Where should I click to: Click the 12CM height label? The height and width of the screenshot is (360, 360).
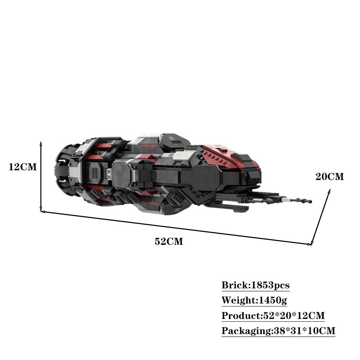point(23,167)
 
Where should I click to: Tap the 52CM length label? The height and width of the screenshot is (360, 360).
point(169,242)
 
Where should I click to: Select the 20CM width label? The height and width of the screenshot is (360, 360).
point(330,177)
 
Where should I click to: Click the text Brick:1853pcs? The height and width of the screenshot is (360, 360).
point(255,285)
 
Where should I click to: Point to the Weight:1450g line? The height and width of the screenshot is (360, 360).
point(254,300)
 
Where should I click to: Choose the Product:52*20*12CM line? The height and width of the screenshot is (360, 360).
point(273,316)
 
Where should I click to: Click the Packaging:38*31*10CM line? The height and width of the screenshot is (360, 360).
point(278,330)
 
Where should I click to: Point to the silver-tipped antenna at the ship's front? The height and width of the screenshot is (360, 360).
point(295,200)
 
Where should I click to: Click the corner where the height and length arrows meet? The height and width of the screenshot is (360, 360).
point(41,211)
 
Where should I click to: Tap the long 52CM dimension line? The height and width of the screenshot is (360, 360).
point(176,228)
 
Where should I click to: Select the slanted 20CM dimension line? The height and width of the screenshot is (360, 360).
point(320,218)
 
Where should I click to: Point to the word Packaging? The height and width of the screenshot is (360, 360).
point(245,330)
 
